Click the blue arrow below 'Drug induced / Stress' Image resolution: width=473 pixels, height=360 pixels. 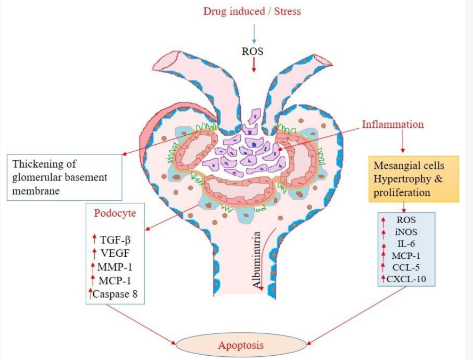(255, 32)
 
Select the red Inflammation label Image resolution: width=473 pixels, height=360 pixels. (393, 125)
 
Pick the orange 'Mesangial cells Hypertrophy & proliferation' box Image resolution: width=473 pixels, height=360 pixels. (413, 179)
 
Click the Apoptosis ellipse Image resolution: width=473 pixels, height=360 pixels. (241, 346)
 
